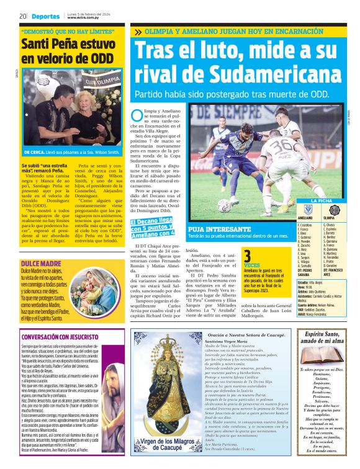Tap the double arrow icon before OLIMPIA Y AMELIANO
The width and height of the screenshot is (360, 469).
pos(137,32)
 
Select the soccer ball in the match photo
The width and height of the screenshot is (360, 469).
pos(225,205)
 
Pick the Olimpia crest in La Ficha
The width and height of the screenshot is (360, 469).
pos(328,209)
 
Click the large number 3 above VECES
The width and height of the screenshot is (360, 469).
pos(247,257)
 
